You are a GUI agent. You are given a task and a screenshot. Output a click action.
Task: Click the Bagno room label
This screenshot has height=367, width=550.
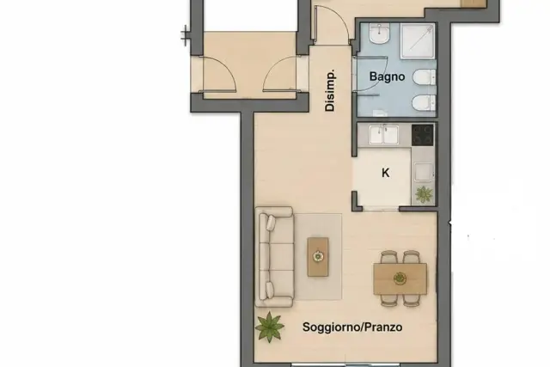(x=387, y=76)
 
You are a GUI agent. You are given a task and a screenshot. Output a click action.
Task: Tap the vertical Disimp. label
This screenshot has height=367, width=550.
(x=330, y=90)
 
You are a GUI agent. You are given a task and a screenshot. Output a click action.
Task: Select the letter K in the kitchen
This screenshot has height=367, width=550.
(x=385, y=173)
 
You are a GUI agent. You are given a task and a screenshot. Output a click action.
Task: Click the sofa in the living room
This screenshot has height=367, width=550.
(x=274, y=257)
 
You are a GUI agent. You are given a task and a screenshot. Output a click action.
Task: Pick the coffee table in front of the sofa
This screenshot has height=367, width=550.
(x=318, y=257)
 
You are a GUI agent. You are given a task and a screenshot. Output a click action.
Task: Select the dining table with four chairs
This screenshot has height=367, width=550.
(x=400, y=278)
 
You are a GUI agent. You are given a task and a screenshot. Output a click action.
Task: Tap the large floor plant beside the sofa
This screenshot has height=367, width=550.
(x=269, y=327)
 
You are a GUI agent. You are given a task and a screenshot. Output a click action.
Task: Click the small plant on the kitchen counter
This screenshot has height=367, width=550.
(x=424, y=194)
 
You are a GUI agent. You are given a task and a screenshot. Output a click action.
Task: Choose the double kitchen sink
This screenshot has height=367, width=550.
(x=384, y=135)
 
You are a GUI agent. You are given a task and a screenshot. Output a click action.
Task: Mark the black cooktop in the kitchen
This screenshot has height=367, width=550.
(x=423, y=135)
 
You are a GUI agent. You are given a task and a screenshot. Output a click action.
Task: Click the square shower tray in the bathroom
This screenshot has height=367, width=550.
(x=418, y=41)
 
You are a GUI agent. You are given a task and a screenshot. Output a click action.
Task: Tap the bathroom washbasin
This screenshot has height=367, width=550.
(x=379, y=34)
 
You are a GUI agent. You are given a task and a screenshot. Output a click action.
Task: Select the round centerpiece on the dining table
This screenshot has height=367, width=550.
(x=400, y=278)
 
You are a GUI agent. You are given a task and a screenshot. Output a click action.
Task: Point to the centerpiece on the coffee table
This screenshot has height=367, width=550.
(x=318, y=256)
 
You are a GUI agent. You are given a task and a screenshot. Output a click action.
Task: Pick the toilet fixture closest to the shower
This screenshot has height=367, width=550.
(x=424, y=77)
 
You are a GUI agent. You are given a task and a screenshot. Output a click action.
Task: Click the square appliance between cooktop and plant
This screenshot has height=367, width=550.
(x=423, y=172)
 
